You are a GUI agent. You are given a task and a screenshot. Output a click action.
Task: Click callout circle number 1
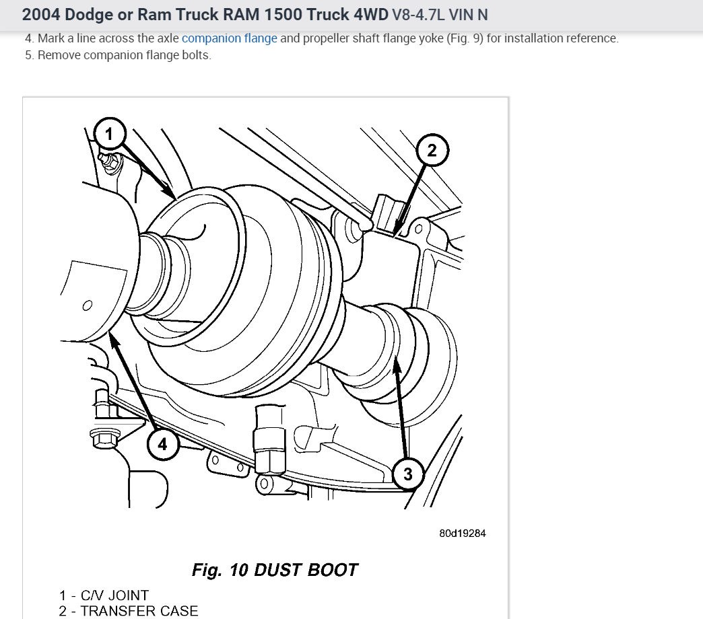pos(110,133)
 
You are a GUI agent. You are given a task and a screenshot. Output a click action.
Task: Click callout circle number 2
pos(432,150)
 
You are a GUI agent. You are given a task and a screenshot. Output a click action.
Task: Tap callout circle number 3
pos(408,474)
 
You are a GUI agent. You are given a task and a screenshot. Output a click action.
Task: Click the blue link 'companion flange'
pos(229,38)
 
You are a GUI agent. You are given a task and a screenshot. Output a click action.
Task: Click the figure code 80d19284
pos(462,533)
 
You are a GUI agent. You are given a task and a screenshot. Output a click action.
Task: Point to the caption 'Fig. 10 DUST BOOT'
pos(275,570)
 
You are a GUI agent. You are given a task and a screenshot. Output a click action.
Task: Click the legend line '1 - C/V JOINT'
pos(104,595)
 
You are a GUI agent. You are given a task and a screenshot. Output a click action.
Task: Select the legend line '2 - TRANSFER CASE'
pos(129,611)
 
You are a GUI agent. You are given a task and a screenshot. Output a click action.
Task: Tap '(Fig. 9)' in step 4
pos(465,38)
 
